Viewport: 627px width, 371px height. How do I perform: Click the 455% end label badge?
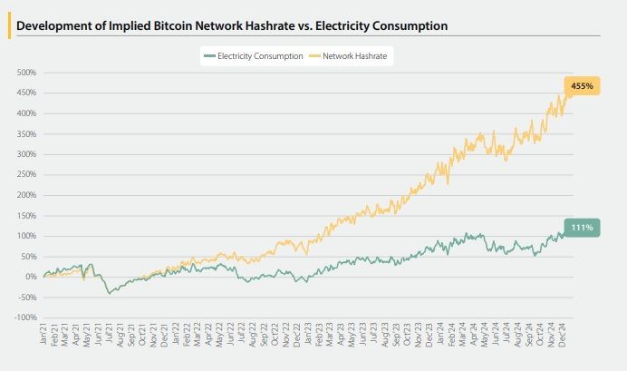pos(582,86)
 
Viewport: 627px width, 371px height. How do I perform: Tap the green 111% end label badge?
pos(581,228)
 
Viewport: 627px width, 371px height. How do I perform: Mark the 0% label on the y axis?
pos(30,277)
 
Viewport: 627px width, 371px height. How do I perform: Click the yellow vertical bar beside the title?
pos(9,25)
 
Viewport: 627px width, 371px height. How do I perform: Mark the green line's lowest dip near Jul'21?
pos(110,293)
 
